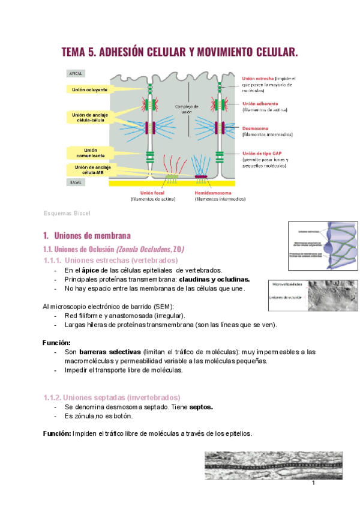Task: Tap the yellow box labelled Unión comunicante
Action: tap(90, 152)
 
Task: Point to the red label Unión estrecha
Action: tap(258, 79)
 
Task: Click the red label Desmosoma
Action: tap(256, 128)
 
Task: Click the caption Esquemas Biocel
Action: tap(66, 213)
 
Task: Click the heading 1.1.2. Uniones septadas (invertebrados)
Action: tap(111, 397)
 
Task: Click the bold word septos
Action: tap(201, 406)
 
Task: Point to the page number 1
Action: tap(313, 483)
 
